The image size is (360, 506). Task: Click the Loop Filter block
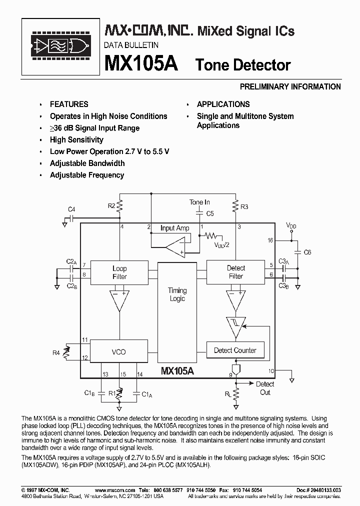click(119, 272)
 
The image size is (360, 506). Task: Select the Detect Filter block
click(235, 272)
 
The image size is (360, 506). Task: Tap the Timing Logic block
click(177, 295)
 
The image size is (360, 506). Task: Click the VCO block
click(119, 352)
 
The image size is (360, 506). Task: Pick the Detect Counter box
click(235, 350)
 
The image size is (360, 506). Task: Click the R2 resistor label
click(111, 205)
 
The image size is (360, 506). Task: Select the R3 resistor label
click(244, 206)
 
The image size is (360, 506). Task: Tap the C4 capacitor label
click(71, 209)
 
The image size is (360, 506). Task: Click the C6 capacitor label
click(307, 252)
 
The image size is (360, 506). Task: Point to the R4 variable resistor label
click(56, 353)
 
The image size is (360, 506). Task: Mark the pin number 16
click(270, 240)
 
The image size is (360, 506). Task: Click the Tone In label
click(199, 202)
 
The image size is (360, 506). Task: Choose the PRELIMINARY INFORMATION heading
click(290, 86)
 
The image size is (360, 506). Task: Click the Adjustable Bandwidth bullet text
click(87, 163)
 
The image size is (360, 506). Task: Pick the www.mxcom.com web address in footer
click(115, 490)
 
